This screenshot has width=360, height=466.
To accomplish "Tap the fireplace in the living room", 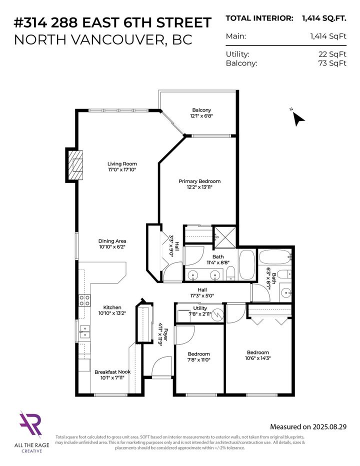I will click(x=75, y=165).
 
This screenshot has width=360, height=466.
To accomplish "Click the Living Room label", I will click(x=122, y=163).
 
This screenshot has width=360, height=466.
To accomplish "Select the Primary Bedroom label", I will click(x=199, y=181).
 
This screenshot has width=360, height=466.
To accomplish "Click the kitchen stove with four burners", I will click(x=84, y=300).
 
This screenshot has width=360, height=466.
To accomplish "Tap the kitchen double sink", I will click(x=83, y=331).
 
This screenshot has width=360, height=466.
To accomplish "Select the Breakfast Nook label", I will click(x=112, y=372).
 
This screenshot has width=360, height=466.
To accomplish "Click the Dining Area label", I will click(x=112, y=240).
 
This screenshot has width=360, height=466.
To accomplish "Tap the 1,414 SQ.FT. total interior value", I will click(x=324, y=18).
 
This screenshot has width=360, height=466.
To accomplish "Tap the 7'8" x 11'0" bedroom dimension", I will click(x=199, y=360).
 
